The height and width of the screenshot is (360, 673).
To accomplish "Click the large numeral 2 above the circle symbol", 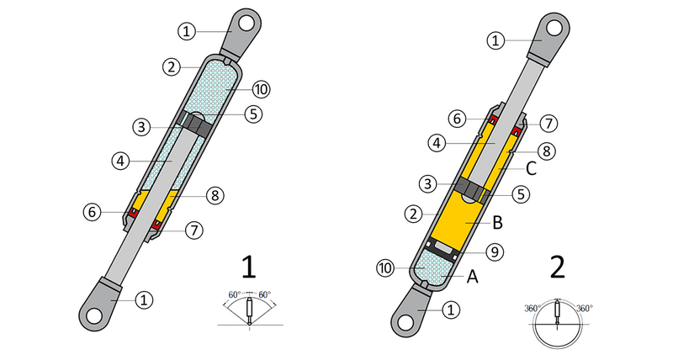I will (557, 268).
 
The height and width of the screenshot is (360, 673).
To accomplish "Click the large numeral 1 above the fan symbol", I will (249, 268).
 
